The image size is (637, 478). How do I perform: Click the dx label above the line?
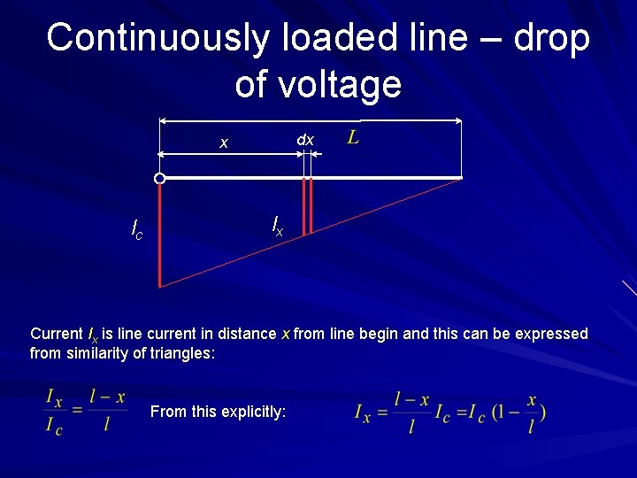click(x=305, y=140)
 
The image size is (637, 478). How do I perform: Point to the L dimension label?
click(x=353, y=137)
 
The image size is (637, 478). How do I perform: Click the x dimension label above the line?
click(x=224, y=143)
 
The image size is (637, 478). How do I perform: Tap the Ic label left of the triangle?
click(x=137, y=232)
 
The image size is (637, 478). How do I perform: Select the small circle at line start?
click(x=159, y=179)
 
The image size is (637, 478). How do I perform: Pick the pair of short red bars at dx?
click(x=307, y=206)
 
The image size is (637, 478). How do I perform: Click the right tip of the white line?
click(x=461, y=178)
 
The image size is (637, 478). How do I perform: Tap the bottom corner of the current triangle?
click(x=161, y=287)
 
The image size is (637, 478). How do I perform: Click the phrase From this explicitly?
click(x=219, y=412)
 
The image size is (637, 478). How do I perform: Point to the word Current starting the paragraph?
click(x=57, y=334)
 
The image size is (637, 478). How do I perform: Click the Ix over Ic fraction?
click(x=54, y=412)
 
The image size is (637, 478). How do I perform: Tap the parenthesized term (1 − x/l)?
click(x=518, y=412)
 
